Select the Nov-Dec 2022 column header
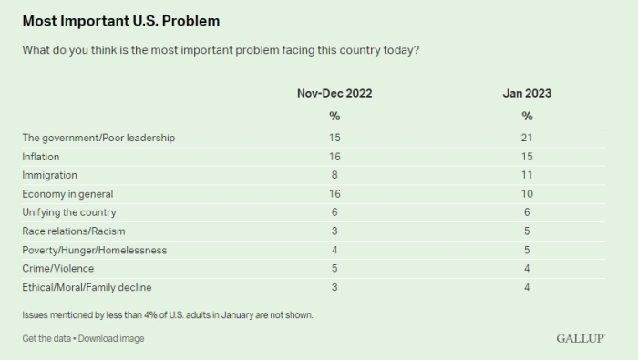[334, 93]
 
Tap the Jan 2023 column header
[527, 93]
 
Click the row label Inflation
[41, 157]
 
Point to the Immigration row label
[49, 175]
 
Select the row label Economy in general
[67, 194]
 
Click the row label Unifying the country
[68, 212]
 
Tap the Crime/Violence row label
[58, 269]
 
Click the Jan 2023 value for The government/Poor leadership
[527, 138]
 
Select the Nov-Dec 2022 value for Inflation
[334, 157]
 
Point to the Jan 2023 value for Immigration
[527, 175]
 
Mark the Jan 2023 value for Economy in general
[527, 194]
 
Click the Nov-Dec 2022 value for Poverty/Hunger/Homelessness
[334, 250]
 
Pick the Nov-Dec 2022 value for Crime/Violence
[334, 269]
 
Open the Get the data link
[47, 339]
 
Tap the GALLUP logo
[581, 339]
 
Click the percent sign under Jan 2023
[527, 116]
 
